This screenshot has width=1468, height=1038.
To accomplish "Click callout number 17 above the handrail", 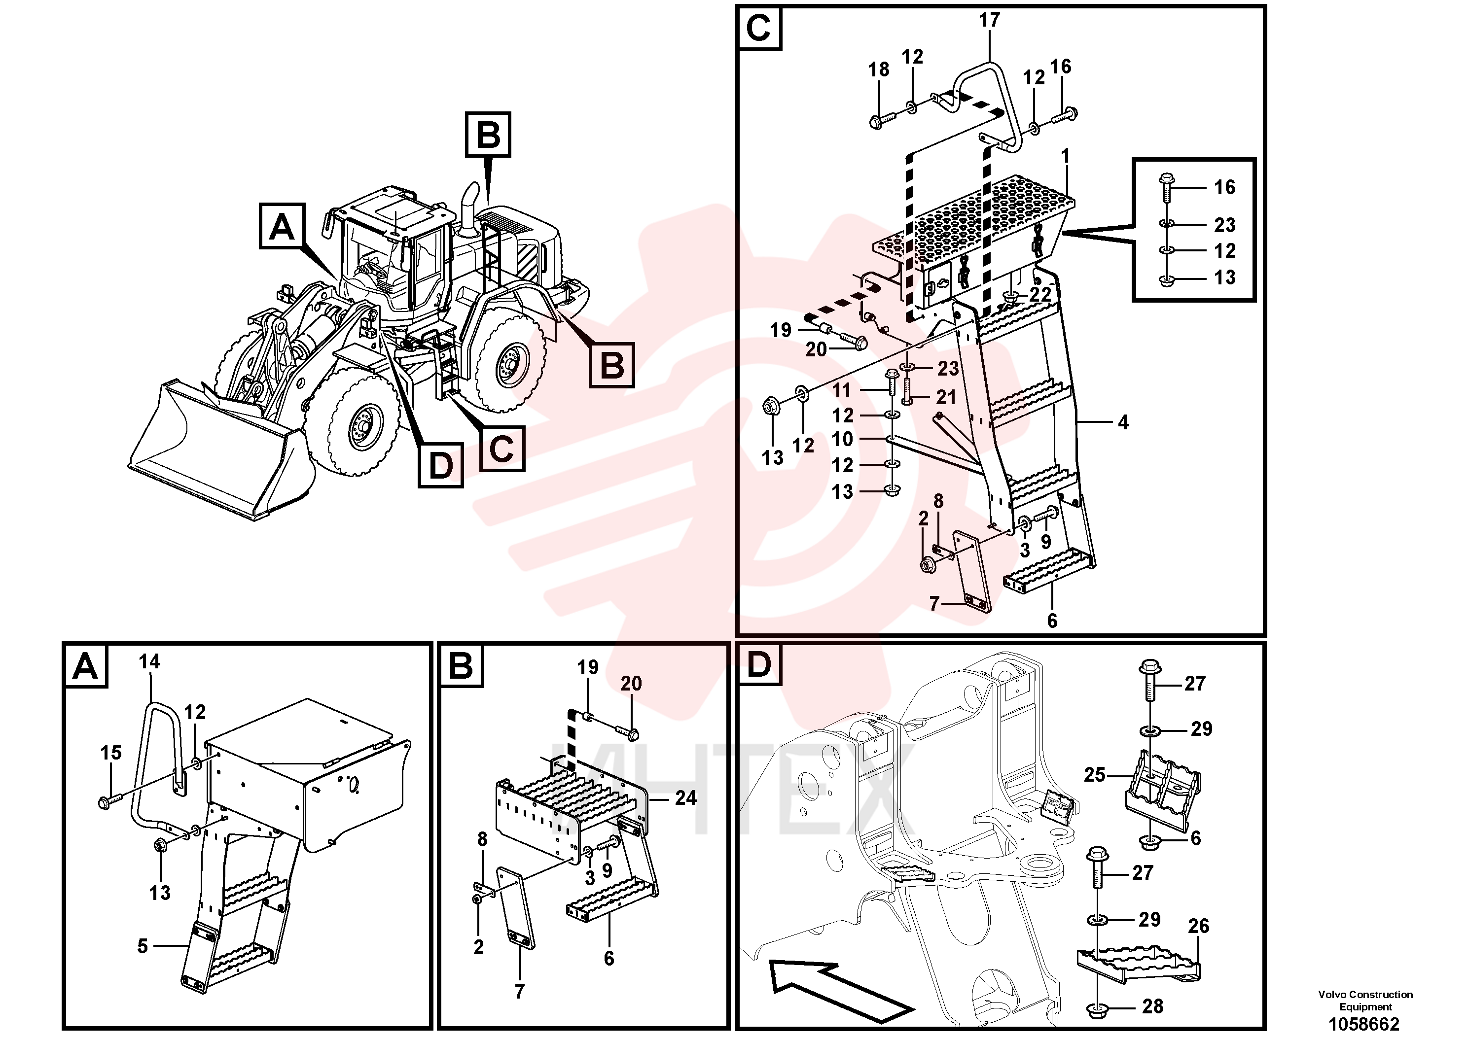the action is [x=989, y=20].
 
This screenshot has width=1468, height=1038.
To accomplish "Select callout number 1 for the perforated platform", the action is [x=1065, y=156].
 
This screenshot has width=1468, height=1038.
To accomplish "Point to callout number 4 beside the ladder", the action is [x=1123, y=422].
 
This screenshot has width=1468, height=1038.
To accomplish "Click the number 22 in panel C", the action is [x=1040, y=295].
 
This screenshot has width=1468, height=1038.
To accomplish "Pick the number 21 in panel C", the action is [x=946, y=397].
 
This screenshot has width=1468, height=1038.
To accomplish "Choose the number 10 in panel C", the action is [x=842, y=439].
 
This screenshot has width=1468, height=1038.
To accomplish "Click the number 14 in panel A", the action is [x=149, y=661].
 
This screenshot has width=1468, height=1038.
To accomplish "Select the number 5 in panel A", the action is [x=142, y=946].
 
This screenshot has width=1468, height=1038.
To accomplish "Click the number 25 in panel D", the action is [x=1095, y=775].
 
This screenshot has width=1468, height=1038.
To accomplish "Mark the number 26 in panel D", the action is [x=1198, y=926].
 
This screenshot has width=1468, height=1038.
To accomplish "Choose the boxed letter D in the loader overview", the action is [x=440, y=465].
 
